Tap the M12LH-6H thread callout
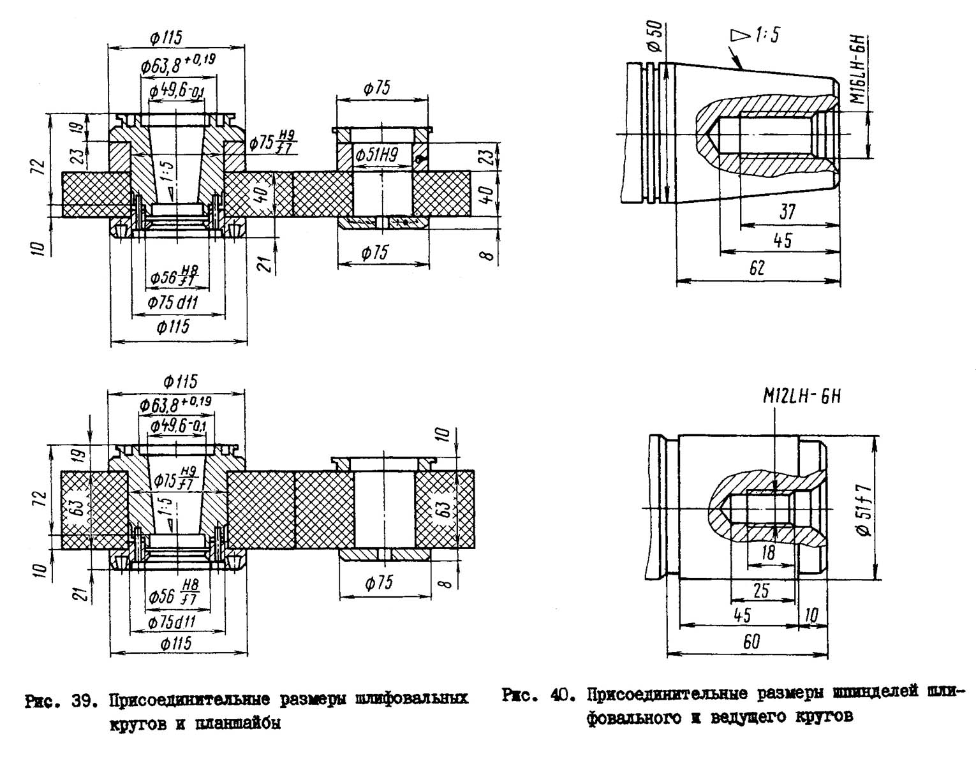802,397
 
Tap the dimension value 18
769,552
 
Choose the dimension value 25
761,591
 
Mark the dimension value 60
752,642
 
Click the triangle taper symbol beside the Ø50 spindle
739,36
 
